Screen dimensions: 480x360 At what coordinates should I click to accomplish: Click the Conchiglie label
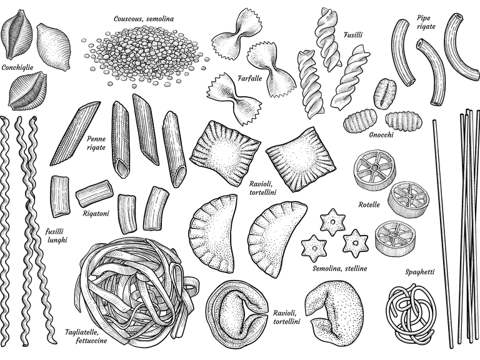[x=17, y=67]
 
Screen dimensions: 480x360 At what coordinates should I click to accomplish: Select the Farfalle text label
[x=250, y=78]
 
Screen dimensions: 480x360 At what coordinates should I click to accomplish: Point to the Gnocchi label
[x=381, y=135]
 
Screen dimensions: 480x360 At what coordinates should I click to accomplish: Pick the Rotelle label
[x=369, y=204]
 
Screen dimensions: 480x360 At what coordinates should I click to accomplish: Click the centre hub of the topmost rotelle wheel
[x=374, y=167]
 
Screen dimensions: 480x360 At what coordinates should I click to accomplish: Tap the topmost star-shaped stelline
[x=332, y=222]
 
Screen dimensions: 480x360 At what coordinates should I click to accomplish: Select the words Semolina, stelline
[x=339, y=269]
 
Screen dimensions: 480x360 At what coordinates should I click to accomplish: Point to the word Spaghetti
[x=420, y=272]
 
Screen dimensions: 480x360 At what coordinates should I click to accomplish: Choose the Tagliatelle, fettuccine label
[x=86, y=336]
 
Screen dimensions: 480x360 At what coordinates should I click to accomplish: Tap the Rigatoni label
[x=96, y=213]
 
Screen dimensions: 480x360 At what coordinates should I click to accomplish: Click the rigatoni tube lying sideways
[x=94, y=193]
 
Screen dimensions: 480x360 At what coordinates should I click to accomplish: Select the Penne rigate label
[x=96, y=143]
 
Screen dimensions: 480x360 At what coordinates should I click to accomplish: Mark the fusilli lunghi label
[x=57, y=236]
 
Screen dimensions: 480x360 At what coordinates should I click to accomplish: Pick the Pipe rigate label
[x=426, y=22]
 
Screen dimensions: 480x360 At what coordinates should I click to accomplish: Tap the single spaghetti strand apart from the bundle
[x=441, y=234]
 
